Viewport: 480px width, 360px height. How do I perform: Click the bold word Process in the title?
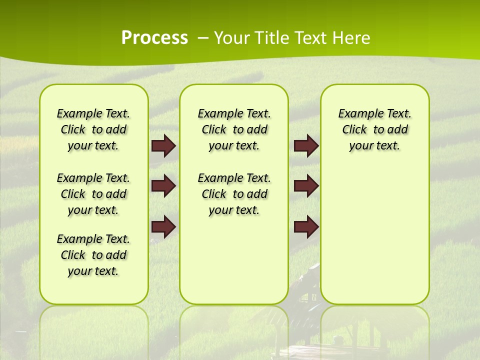154,38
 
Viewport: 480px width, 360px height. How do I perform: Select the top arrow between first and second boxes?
163,145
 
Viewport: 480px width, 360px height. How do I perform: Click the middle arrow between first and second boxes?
163,186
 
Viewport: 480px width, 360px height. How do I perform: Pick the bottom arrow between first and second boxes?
163,226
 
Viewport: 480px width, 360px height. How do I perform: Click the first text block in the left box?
93,129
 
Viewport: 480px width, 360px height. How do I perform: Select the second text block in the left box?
93,194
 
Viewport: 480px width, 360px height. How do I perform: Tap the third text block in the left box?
93,255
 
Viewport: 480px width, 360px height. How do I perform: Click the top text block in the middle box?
234,129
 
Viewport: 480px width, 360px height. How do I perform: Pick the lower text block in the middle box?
234,194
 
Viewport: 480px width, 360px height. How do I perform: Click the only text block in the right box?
374,129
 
